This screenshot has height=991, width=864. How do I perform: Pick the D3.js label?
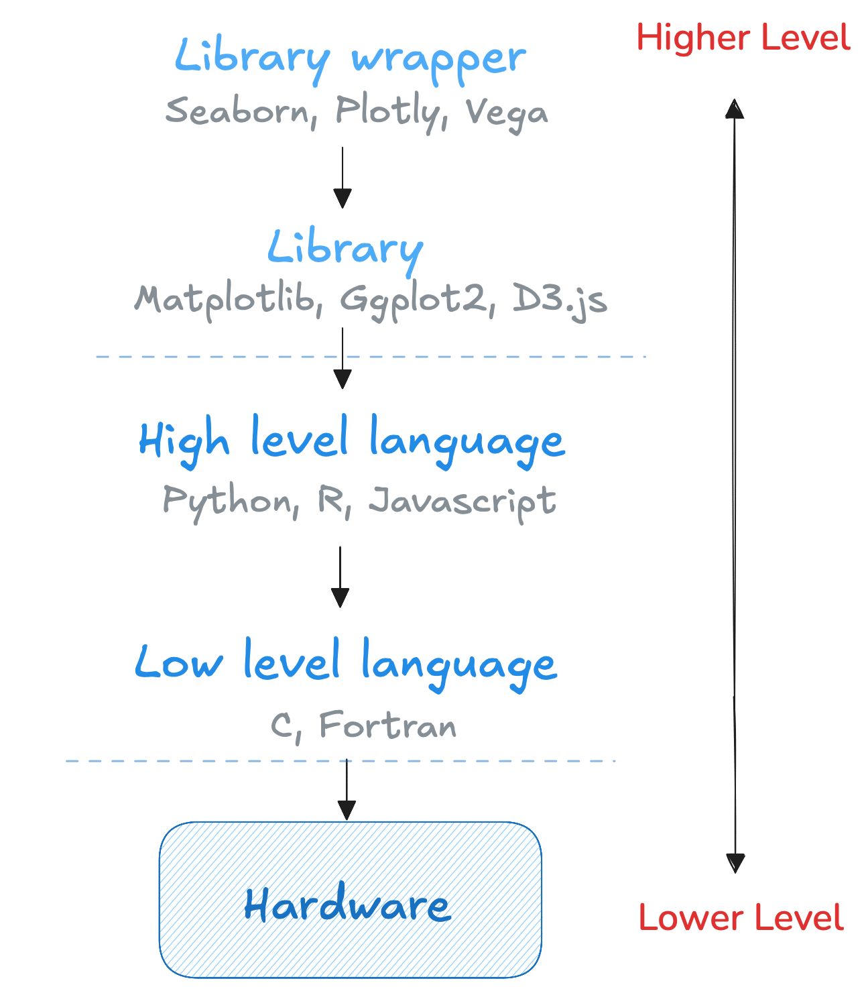(x=560, y=300)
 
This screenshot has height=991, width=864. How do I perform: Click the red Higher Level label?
(x=743, y=38)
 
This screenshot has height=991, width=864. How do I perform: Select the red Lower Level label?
(x=741, y=917)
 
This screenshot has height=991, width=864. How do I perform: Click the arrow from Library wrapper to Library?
(x=343, y=177)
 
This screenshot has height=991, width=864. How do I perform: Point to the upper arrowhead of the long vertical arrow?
(x=735, y=109)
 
